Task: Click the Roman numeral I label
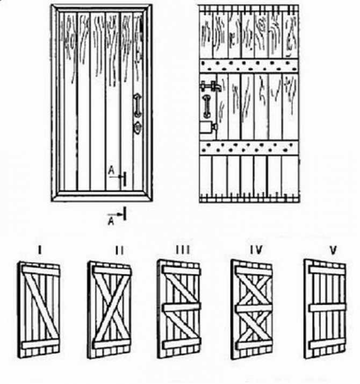(40, 250)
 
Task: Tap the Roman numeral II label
(119, 251)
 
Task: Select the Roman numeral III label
(183, 250)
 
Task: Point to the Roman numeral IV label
(256, 250)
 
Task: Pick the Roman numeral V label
(333, 250)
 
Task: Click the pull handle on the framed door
(137, 106)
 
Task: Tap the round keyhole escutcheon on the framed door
(138, 127)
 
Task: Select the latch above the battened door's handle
(211, 87)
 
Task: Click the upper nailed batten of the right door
(249, 65)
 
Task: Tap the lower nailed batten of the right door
(249, 148)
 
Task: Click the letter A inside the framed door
(111, 170)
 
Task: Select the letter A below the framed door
(111, 222)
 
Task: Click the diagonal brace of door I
(41, 307)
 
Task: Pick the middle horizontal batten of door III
(182, 307)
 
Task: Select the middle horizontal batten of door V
(327, 308)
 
